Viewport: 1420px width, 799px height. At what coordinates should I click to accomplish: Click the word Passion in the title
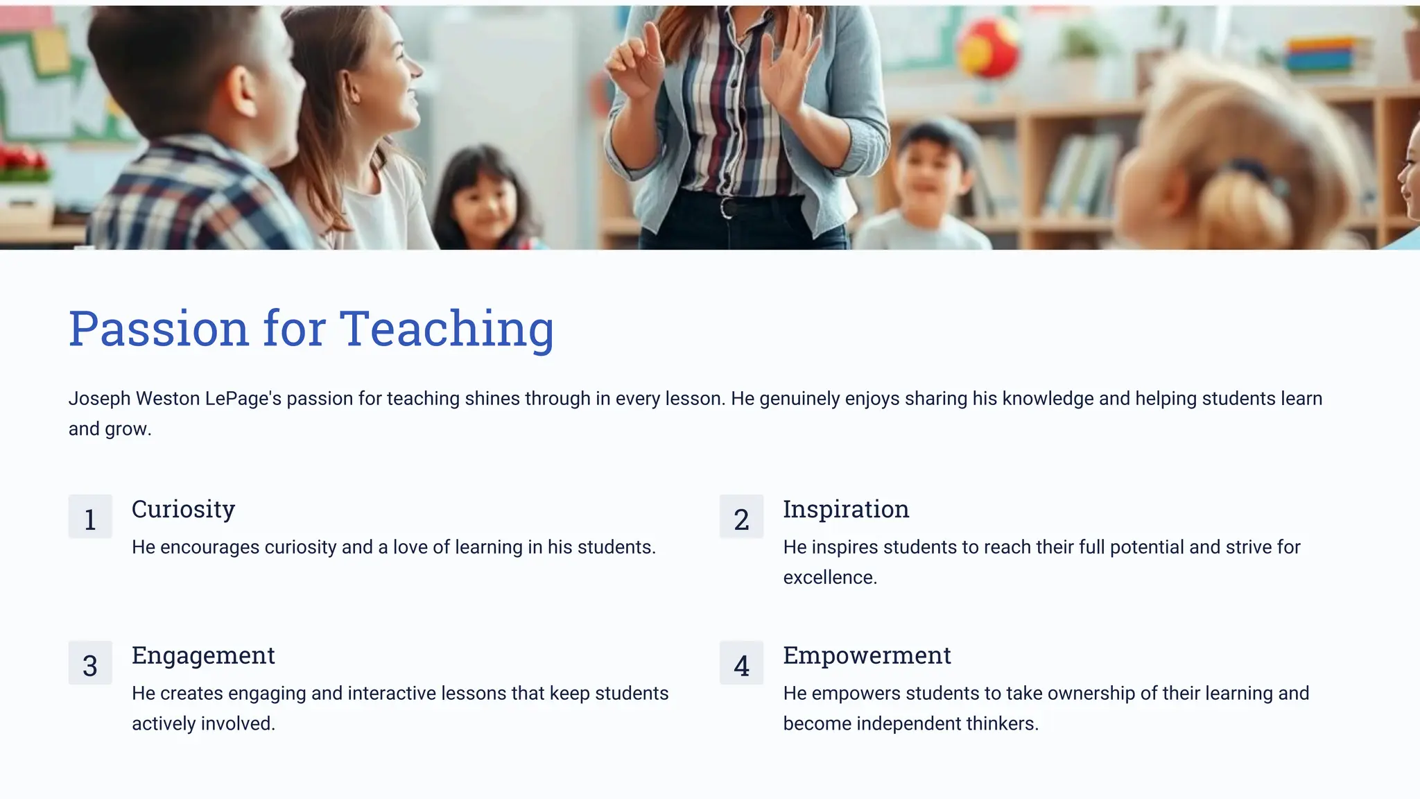[x=158, y=329]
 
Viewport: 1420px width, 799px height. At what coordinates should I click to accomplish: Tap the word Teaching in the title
[x=447, y=329]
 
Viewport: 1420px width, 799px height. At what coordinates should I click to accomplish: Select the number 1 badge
[x=90, y=517]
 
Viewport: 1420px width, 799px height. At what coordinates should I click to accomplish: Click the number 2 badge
[x=741, y=517]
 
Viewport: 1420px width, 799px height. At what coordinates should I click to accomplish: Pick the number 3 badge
[x=90, y=663]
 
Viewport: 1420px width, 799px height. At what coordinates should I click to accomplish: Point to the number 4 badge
[x=741, y=663]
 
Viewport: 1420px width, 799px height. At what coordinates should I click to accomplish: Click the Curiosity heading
[x=183, y=509]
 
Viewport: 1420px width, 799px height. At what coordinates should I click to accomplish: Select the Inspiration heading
[x=846, y=509]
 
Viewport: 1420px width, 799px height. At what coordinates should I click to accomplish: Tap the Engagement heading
[x=203, y=655]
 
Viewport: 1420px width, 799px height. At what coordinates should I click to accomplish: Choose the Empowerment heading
[x=867, y=655]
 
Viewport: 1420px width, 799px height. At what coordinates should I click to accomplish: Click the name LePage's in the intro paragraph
[x=243, y=399]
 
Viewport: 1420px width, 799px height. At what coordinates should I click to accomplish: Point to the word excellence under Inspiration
[x=829, y=578]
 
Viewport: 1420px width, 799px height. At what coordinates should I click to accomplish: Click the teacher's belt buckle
[x=727, y=207]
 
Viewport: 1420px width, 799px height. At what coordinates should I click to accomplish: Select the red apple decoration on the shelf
[x=988, y=49]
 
